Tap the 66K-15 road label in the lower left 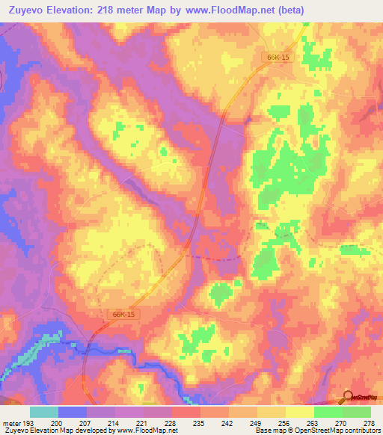click(112, 315)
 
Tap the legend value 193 click(27, 422)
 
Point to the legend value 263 click(313, 422)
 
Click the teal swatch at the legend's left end click(44, 412)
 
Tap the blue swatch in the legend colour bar click(73, 412)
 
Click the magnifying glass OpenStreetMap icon click(348, 397)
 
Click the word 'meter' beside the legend click(10, 422)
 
